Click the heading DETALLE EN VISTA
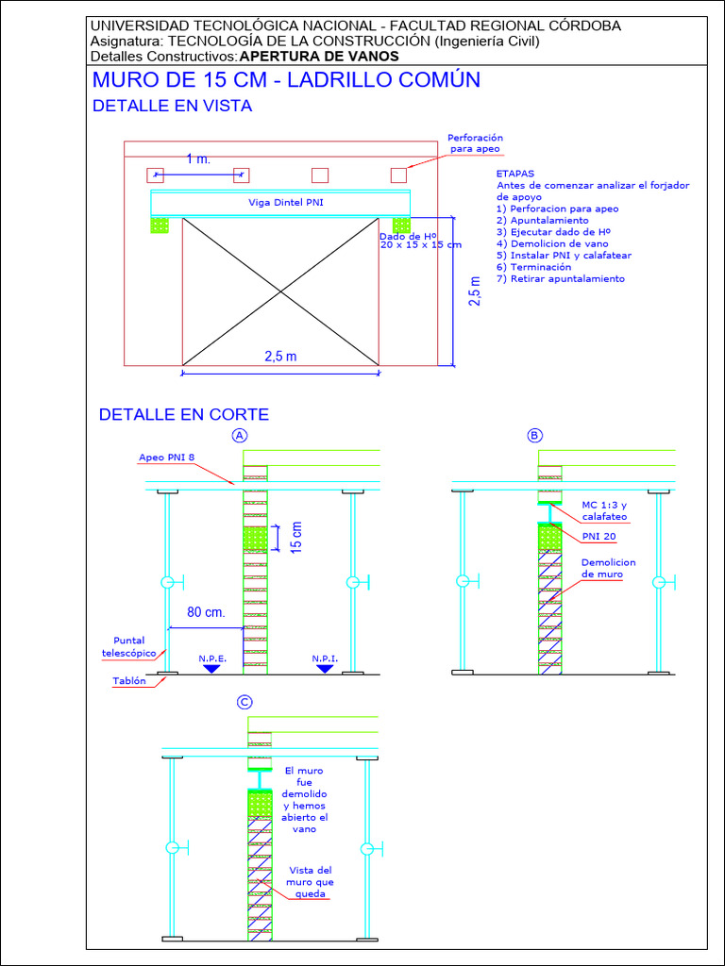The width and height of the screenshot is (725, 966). click(172, 106)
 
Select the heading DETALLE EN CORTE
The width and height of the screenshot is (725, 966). click(184, 414)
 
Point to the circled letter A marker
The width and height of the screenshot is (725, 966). click(241, 435)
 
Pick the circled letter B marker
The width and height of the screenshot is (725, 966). click(535, 435)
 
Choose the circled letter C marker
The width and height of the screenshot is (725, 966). click(244, 702)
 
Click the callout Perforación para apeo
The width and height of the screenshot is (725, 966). click(475, 142)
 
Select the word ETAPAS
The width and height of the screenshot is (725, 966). click(515, 174)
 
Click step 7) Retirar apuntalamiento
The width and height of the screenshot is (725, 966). click(560, 278)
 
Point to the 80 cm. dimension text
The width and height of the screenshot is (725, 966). click(206, 612)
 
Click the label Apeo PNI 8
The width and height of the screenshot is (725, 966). click(167, 458)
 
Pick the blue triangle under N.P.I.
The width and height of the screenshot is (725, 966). click(325, 669)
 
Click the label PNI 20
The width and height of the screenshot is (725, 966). click(599, 537)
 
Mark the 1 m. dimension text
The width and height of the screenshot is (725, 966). click(198, 159)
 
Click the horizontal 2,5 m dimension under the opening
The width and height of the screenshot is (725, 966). click(279, 356)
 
